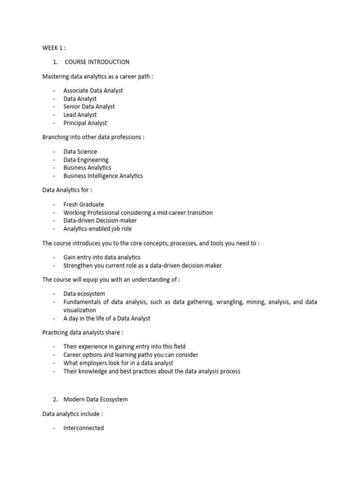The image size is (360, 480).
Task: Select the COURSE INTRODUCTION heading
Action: click(97, 62)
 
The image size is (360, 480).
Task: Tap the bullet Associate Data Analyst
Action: click(93, 90)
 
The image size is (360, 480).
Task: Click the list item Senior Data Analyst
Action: click(89, 106)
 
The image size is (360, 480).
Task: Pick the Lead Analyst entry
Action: click(80, 115)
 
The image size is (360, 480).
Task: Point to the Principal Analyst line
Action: click(85, 123)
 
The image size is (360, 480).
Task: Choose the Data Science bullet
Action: click(81, 151)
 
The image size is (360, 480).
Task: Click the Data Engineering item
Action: click(86, 160)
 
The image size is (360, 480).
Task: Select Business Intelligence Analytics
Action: click(103, 176)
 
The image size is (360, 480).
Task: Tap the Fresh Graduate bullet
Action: click(84, 204)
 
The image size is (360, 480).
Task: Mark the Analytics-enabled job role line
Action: click(97, 229)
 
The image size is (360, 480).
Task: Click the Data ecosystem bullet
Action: click(84, 294)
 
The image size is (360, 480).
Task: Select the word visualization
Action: click(80, 310)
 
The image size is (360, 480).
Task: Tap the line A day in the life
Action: click(107, 318)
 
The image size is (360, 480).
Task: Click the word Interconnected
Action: click(84, 428)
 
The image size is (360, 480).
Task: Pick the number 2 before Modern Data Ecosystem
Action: click(55, 399)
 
